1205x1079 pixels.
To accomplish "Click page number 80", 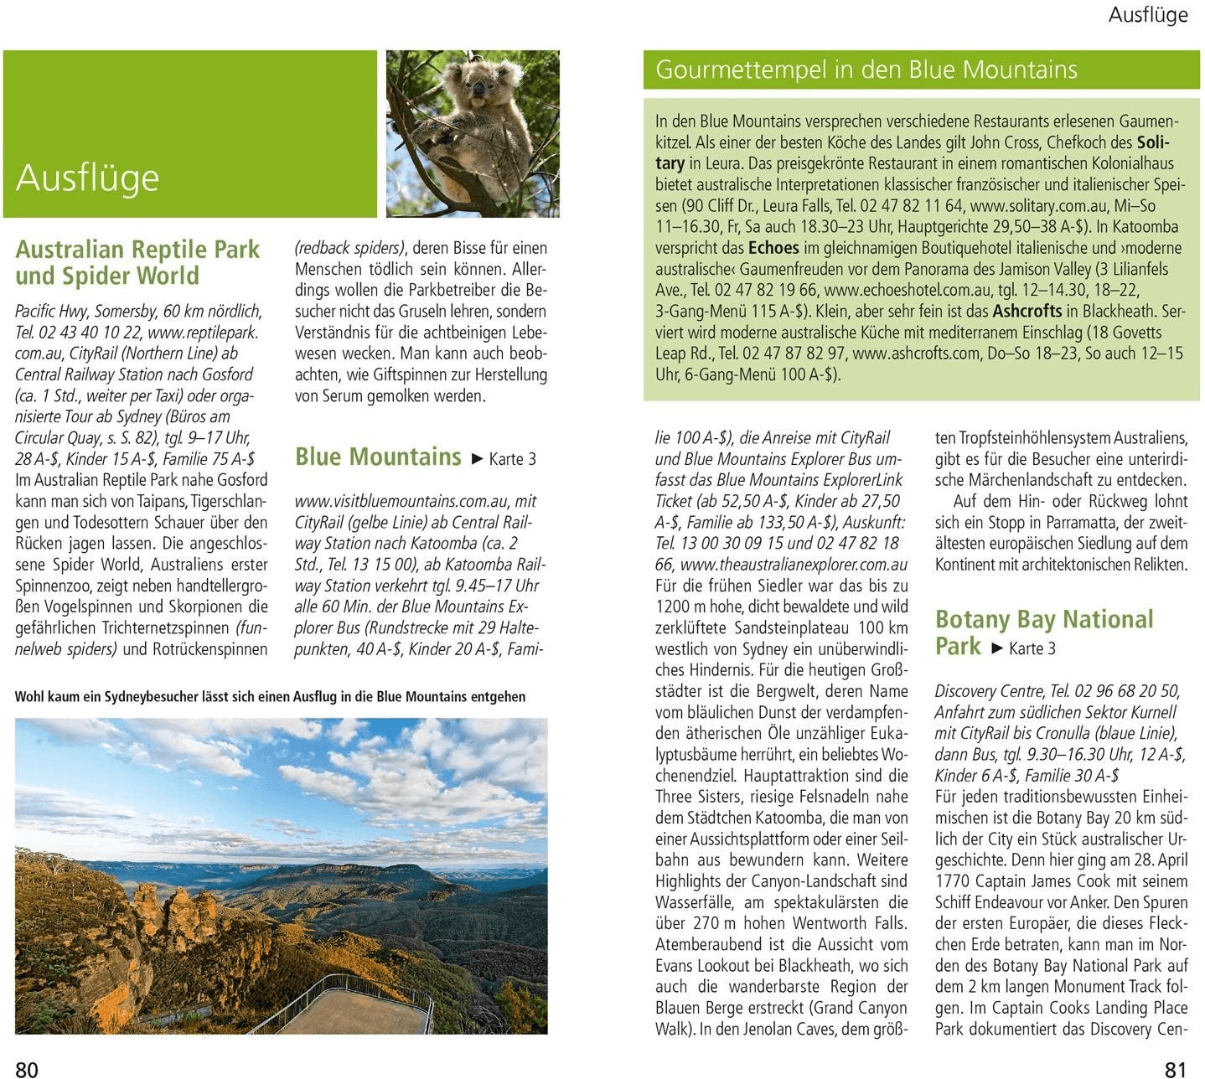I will point(27,1068).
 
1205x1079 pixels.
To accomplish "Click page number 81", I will point(1176,1068).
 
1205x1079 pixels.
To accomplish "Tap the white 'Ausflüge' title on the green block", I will point(87,178).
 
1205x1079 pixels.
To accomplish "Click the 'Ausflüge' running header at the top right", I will point(1147,15).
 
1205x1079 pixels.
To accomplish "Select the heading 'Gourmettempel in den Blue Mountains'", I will point(866,70).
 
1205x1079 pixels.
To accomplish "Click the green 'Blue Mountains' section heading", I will point(378,457).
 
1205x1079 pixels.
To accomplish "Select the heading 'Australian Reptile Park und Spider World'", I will point(137,262).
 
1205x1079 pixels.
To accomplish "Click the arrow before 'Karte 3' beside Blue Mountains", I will point(477,459).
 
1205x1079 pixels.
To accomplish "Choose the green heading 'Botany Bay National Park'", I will point(1043,632).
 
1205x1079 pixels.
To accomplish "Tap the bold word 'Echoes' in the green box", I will point(773,248).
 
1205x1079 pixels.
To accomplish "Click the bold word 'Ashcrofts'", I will point(1027,311).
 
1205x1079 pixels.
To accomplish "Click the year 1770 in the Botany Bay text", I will point(953,881).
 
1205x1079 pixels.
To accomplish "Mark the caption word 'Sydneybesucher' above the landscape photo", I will point(126,697).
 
